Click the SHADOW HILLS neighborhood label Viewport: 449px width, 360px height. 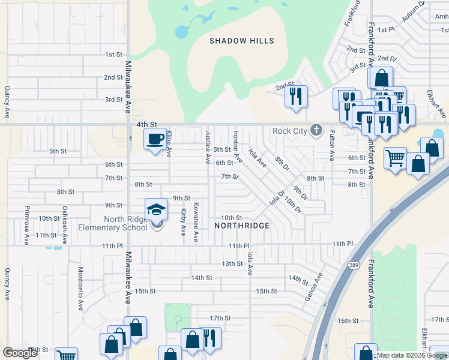pos(241,41)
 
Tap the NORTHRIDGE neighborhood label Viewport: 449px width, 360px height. pos(243,226)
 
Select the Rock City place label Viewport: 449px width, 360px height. pos(289,131)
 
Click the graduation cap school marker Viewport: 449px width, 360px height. pos(157,209)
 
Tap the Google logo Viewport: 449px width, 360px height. pos(20,352)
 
